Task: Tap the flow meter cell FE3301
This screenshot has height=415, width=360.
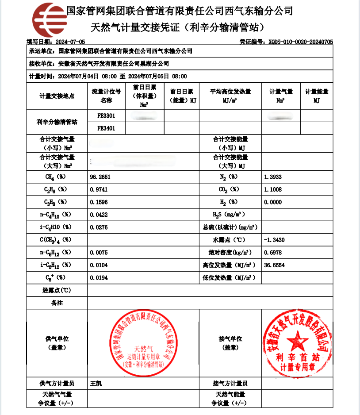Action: click(x=106, y=116)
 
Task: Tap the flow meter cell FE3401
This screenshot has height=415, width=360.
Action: click(x=106, y=128)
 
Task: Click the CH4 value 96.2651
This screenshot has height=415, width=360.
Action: click(x=100, y=177)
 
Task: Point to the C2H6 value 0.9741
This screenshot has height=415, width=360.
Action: click(x=99, y=189)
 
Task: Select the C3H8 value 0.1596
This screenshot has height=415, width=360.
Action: click(x=99, y=202)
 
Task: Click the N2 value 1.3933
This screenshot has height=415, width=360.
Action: click(x=272, y=177)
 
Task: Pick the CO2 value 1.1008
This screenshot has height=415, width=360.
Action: click(x=272, y=189)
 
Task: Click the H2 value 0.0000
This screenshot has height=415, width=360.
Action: click(x=272, y=202)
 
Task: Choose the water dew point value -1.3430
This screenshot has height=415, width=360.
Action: click(x=274, y=240)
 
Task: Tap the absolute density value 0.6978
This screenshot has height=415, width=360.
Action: click(x=272, y=253)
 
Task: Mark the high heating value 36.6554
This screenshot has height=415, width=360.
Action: click(x=274, y=265)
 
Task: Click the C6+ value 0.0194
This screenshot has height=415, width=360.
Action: click(x=99, y=278)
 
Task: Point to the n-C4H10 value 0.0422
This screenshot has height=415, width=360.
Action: click(x=99, y=215)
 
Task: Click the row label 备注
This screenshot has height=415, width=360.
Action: click(x=57, y=303)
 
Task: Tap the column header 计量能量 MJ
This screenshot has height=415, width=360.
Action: click(x=317, y=96)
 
